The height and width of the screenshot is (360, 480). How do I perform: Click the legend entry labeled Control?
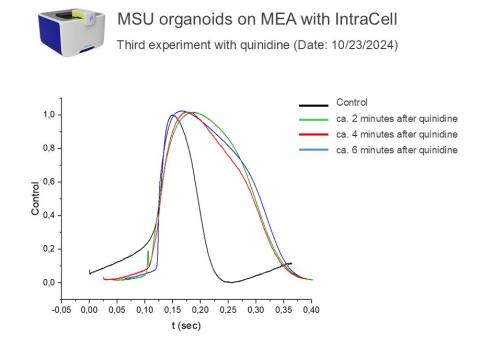(x=352, y=102)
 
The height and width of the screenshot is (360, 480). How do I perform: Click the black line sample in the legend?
(x=315, y=103)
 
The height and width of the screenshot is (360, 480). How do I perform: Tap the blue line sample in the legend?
(x=315, y=150)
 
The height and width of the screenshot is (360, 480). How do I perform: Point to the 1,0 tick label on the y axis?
(x=47, y=115)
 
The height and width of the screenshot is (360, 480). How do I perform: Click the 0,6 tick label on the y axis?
(x=47, y=182)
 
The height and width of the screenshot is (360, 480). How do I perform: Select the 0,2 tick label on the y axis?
(x=47, y=249)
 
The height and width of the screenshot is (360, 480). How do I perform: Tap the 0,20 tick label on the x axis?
(x=201, y=310)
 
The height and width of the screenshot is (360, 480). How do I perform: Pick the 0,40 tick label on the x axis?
(x=313, y=310)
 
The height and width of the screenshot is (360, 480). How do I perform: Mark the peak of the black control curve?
(x=172, y=115)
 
